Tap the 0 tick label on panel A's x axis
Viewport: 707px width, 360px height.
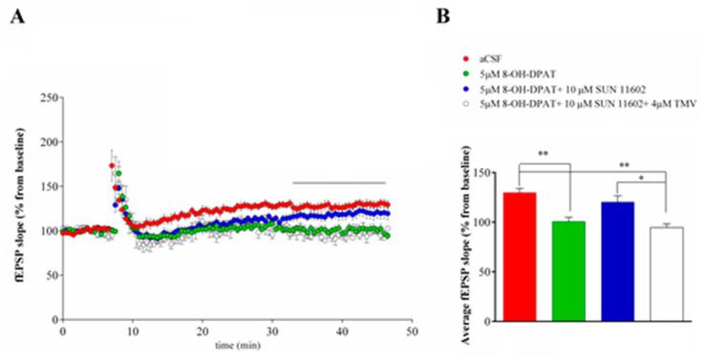coord(62,330)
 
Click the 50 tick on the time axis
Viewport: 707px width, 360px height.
coord(411,330)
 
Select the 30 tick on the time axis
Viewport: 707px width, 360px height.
coord(271,330)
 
